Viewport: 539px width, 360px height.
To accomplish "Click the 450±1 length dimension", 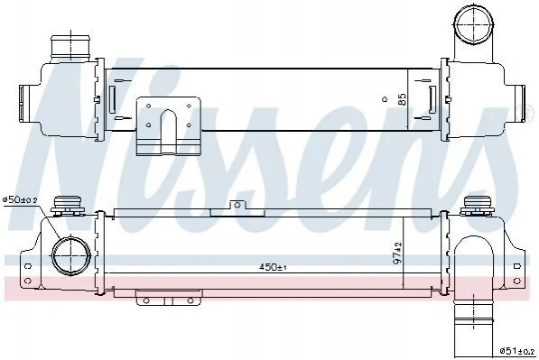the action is (x=273, y=267).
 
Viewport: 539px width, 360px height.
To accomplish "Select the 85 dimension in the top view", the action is (x=402, y=99).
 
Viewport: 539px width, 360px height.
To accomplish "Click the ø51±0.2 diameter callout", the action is (x=517, y=351).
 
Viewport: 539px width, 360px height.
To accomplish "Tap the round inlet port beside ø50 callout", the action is (x=71, y=255).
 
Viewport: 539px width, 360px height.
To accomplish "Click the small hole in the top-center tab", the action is (x=237, y=206).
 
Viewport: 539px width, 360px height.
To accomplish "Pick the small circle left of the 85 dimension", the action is (x=385, y=99).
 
